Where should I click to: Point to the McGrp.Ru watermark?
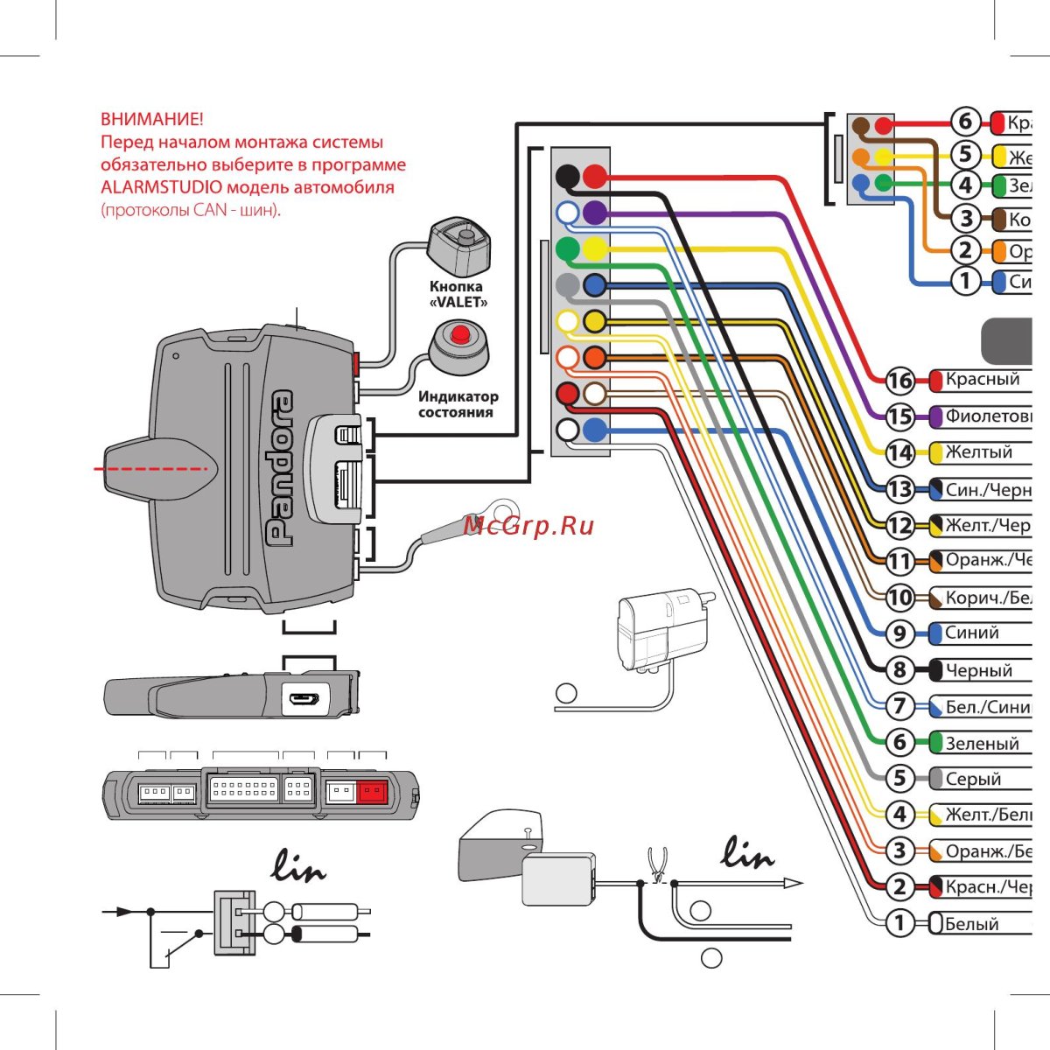coord(528,525)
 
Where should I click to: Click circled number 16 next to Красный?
coord(899,381)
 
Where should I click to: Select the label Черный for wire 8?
coord(978,671)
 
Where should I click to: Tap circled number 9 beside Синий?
coord(899,633)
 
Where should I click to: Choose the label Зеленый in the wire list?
coord(982,744)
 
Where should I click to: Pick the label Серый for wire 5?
coord(973,779)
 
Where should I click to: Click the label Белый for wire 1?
coord(971,924)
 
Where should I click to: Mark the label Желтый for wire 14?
coord(978,452)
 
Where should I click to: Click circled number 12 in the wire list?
coord(899,525)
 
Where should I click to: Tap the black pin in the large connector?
coord(568,176)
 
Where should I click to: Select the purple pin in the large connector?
coord(595,212)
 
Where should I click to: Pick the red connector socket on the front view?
coord(373,792)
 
